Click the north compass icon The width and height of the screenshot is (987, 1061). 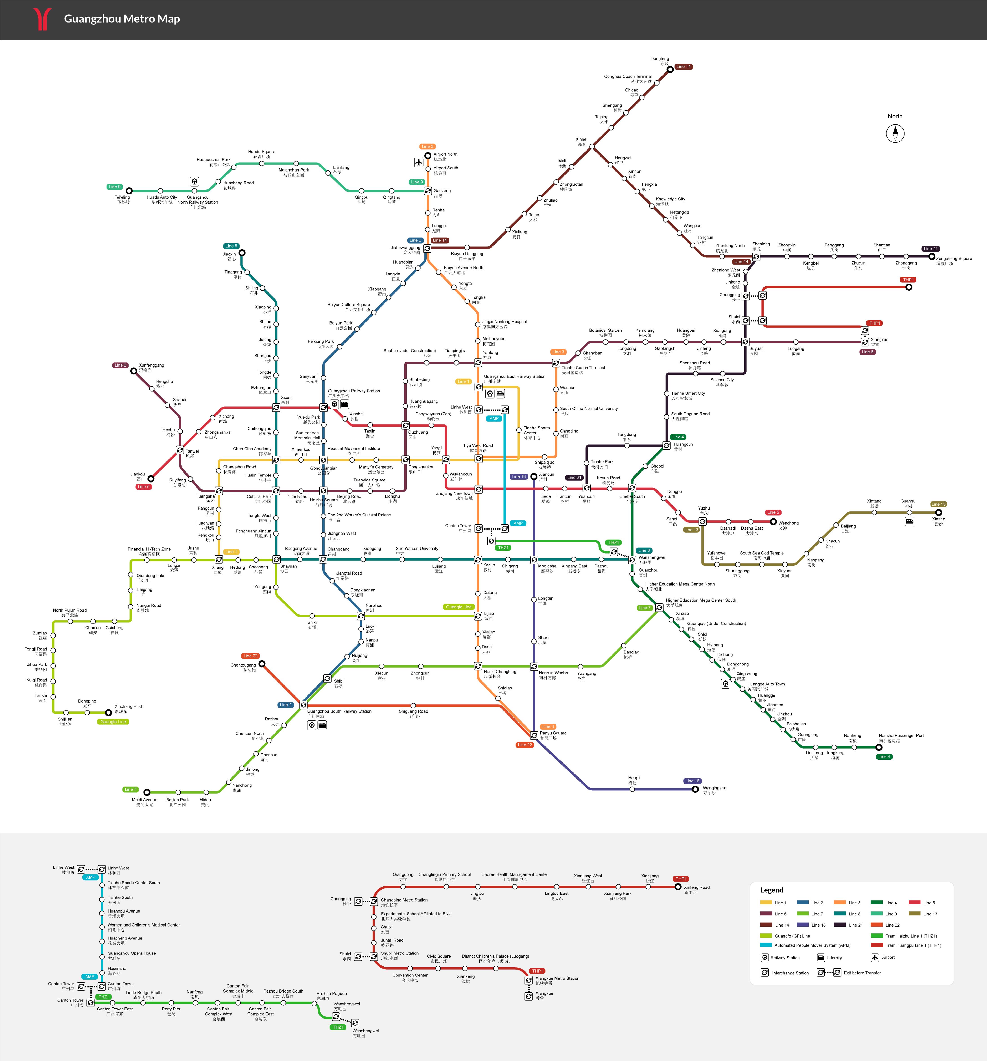(x=895, y=133)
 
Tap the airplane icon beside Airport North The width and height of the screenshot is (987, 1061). (x=419, y=162)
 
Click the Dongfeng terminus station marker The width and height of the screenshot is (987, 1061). (x=670, y=69)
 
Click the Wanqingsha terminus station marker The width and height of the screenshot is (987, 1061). (x=695, y=789)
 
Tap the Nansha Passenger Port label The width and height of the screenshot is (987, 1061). (x=901, y=738)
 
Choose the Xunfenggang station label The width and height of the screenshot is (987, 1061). (x=152, y=367)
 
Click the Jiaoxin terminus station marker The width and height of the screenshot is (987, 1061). (x=242, y=253)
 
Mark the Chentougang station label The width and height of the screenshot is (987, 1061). (x=243, y=667)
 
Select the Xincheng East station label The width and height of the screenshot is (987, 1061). (x=128, y=708)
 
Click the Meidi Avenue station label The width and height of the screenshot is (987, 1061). (x=145, y=802)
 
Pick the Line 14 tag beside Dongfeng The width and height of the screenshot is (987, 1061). (x=683, y=67)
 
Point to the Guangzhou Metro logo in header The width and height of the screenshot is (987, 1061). (x=42, y=19)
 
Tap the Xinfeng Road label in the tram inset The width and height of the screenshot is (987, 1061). (x=697, y=889)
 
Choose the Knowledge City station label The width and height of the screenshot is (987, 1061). (x=670, y=201)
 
